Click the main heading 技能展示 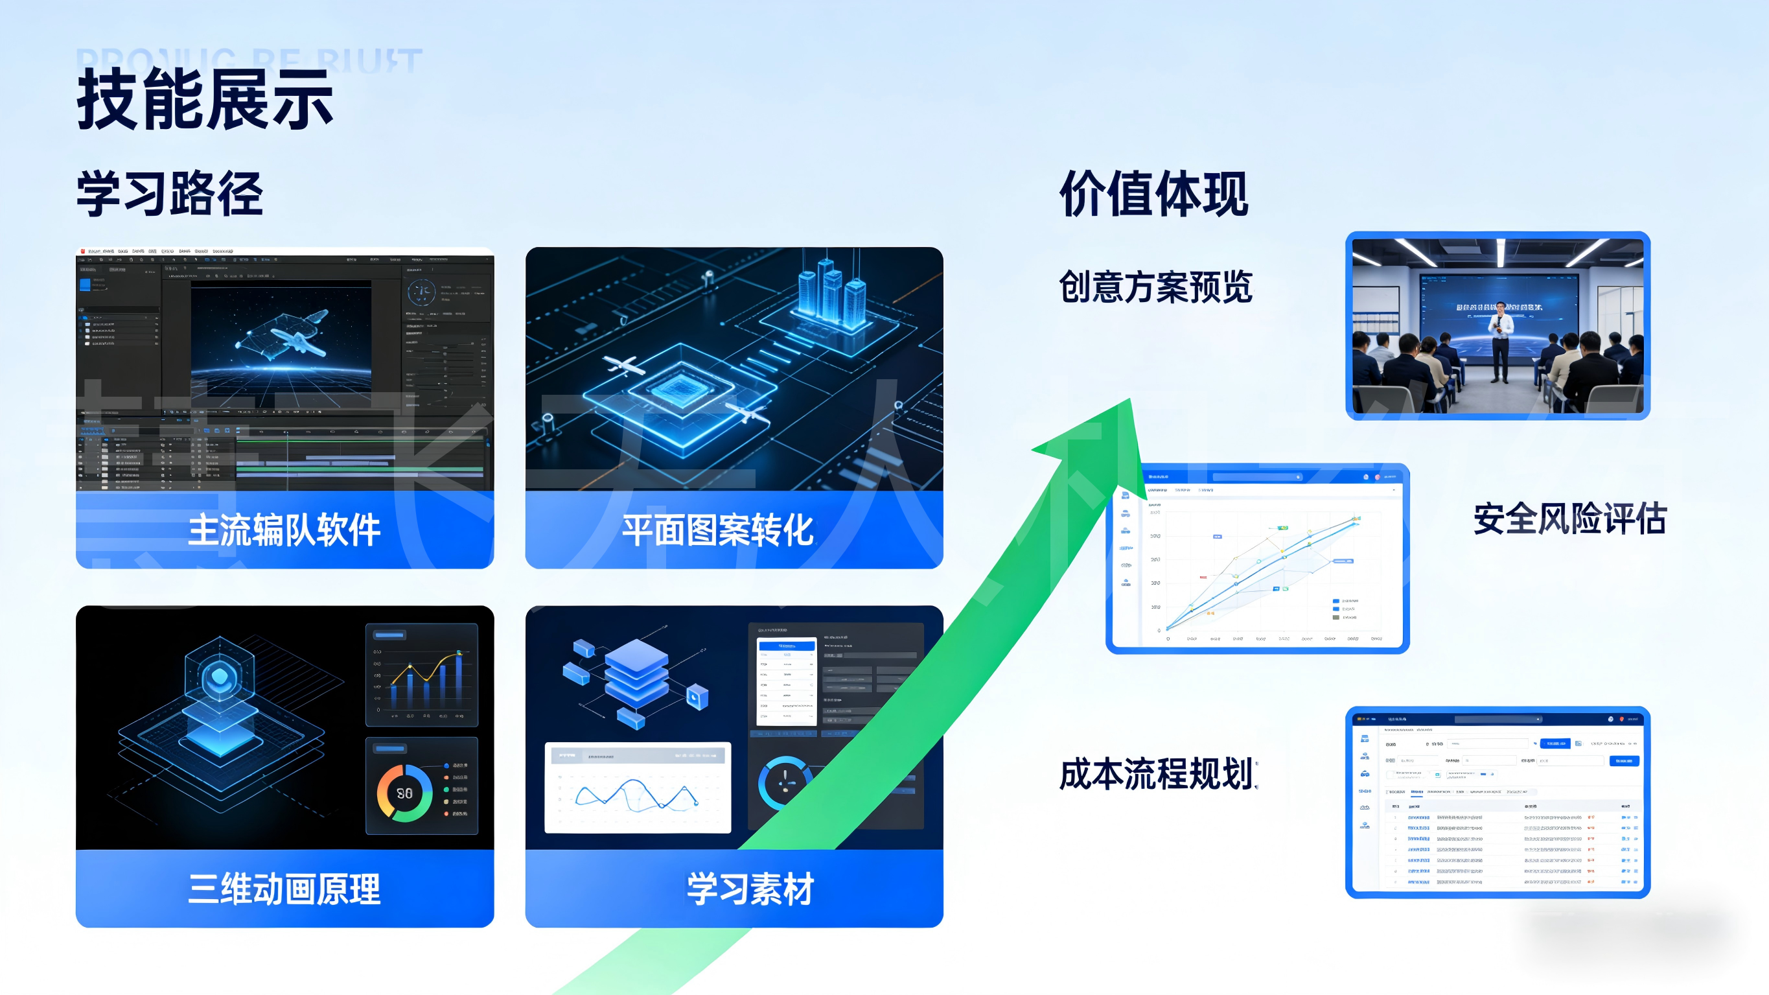(x=205, y=100)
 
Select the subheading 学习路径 (x=170, y=194)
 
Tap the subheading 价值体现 (x=1153, y=194)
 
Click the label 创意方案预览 (x=1156, y=287)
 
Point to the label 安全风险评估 (x=1570, y=518)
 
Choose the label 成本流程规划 (x=1157, y=774)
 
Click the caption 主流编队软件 (x=284, y=530)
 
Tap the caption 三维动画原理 (x=284, y=889)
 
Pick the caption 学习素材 (x=750, y=889)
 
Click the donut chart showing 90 (x=404, y=793)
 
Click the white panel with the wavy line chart (x=637, y=788)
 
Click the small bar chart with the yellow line (x=422, y=675)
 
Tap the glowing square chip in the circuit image (x=680, y=390)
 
